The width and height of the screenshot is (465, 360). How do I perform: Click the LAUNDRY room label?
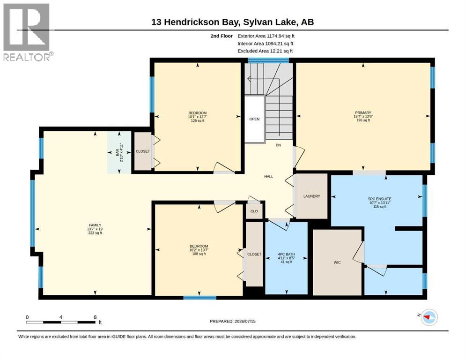tap(312, 196)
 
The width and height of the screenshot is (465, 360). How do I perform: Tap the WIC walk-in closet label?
tap(337, 262)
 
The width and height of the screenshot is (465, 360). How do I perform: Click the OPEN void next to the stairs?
tap(254, 119)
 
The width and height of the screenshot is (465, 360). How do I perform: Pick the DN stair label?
tap(278, 145)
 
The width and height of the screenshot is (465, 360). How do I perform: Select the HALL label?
tap(269, 177)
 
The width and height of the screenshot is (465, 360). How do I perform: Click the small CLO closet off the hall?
tap(254, 211)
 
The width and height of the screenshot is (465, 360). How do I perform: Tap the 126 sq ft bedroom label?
tap(198, 117)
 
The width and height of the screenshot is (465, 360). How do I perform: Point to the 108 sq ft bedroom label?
tap(199, 250)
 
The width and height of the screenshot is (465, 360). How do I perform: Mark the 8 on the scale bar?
tap(95, 317)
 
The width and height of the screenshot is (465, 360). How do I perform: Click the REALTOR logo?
tap(28, 32)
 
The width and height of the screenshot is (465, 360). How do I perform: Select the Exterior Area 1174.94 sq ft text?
tap(266, 36)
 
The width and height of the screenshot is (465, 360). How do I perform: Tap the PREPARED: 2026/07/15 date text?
tap(232, 321)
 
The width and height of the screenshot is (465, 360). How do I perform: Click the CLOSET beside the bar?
tap(143, 151)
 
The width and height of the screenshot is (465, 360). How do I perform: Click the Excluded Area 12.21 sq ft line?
tap(265, 51)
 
